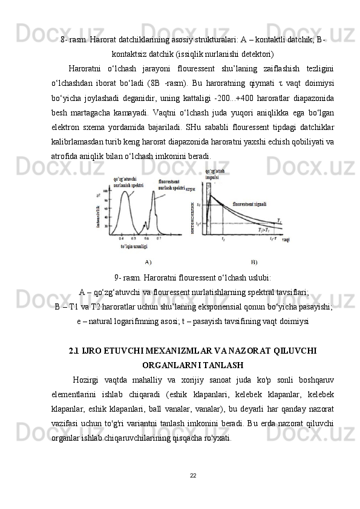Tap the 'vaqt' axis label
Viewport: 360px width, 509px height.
(286, 240)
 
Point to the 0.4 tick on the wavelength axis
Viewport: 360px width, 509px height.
(120, 238)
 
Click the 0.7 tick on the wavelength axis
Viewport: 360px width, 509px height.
(159, 238)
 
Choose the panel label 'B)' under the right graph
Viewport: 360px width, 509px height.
(254, 262)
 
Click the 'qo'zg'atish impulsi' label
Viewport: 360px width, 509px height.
(213, 175)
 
